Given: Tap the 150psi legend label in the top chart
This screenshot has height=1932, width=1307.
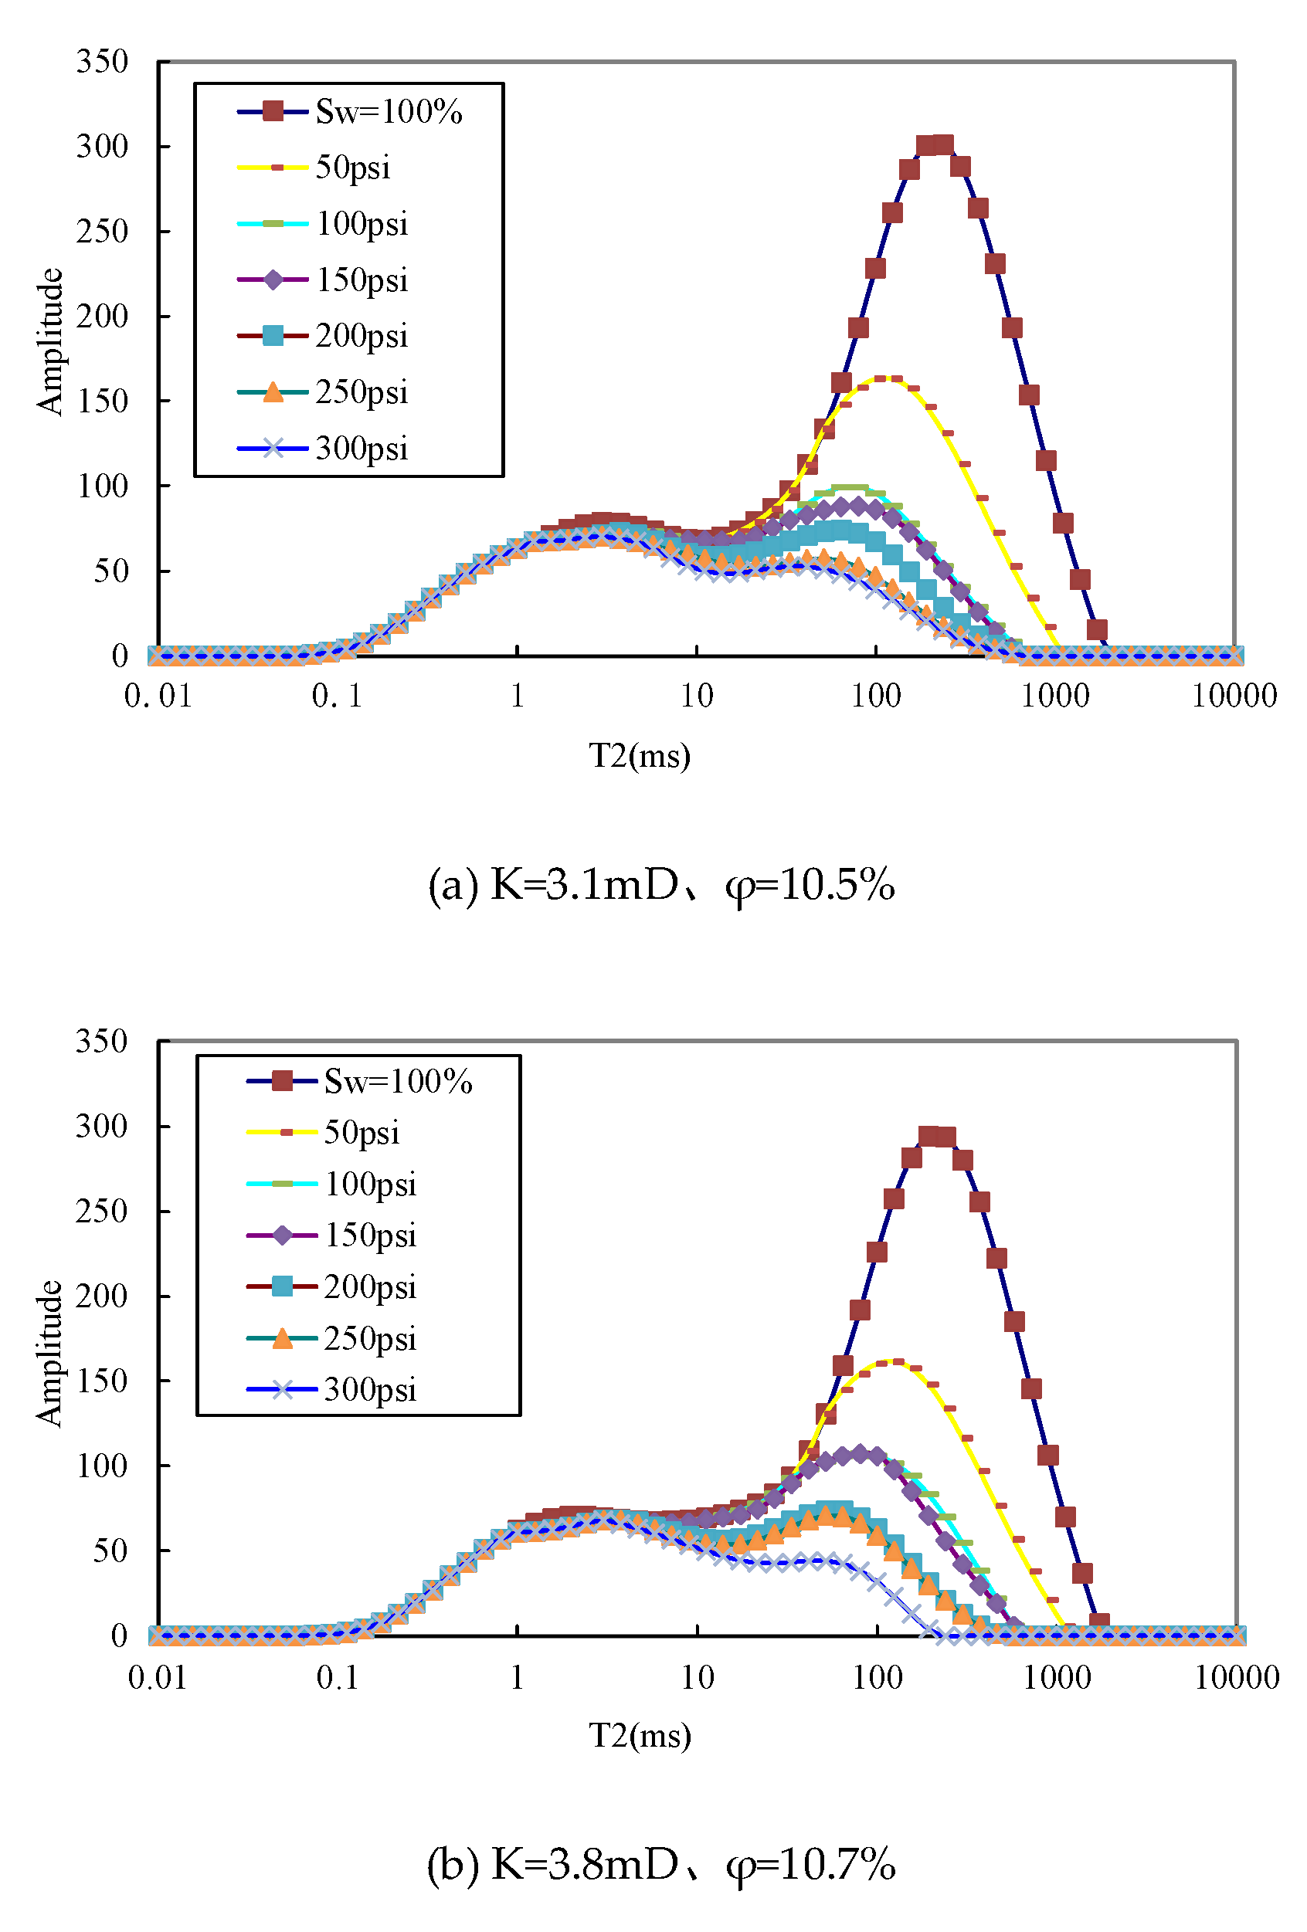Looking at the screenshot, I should coord(362,280).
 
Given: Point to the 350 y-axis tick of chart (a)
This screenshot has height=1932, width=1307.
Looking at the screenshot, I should coord(102,62).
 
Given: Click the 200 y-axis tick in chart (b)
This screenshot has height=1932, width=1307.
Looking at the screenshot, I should coord(101,1296).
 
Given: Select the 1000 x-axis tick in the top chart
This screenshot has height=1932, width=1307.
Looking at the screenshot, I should coord(1054,696).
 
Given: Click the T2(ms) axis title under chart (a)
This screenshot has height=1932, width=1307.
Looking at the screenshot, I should coord(640,756).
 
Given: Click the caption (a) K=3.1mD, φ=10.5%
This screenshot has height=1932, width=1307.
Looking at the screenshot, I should coord(661,883).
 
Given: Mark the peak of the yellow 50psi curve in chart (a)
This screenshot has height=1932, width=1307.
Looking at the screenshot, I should coord(888,378).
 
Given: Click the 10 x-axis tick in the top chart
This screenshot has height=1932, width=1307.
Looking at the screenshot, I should coord(696,696).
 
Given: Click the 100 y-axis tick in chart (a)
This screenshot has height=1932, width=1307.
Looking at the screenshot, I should coord(102,486).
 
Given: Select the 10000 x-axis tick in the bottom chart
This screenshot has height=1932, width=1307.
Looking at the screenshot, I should coord(1237,1678).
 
